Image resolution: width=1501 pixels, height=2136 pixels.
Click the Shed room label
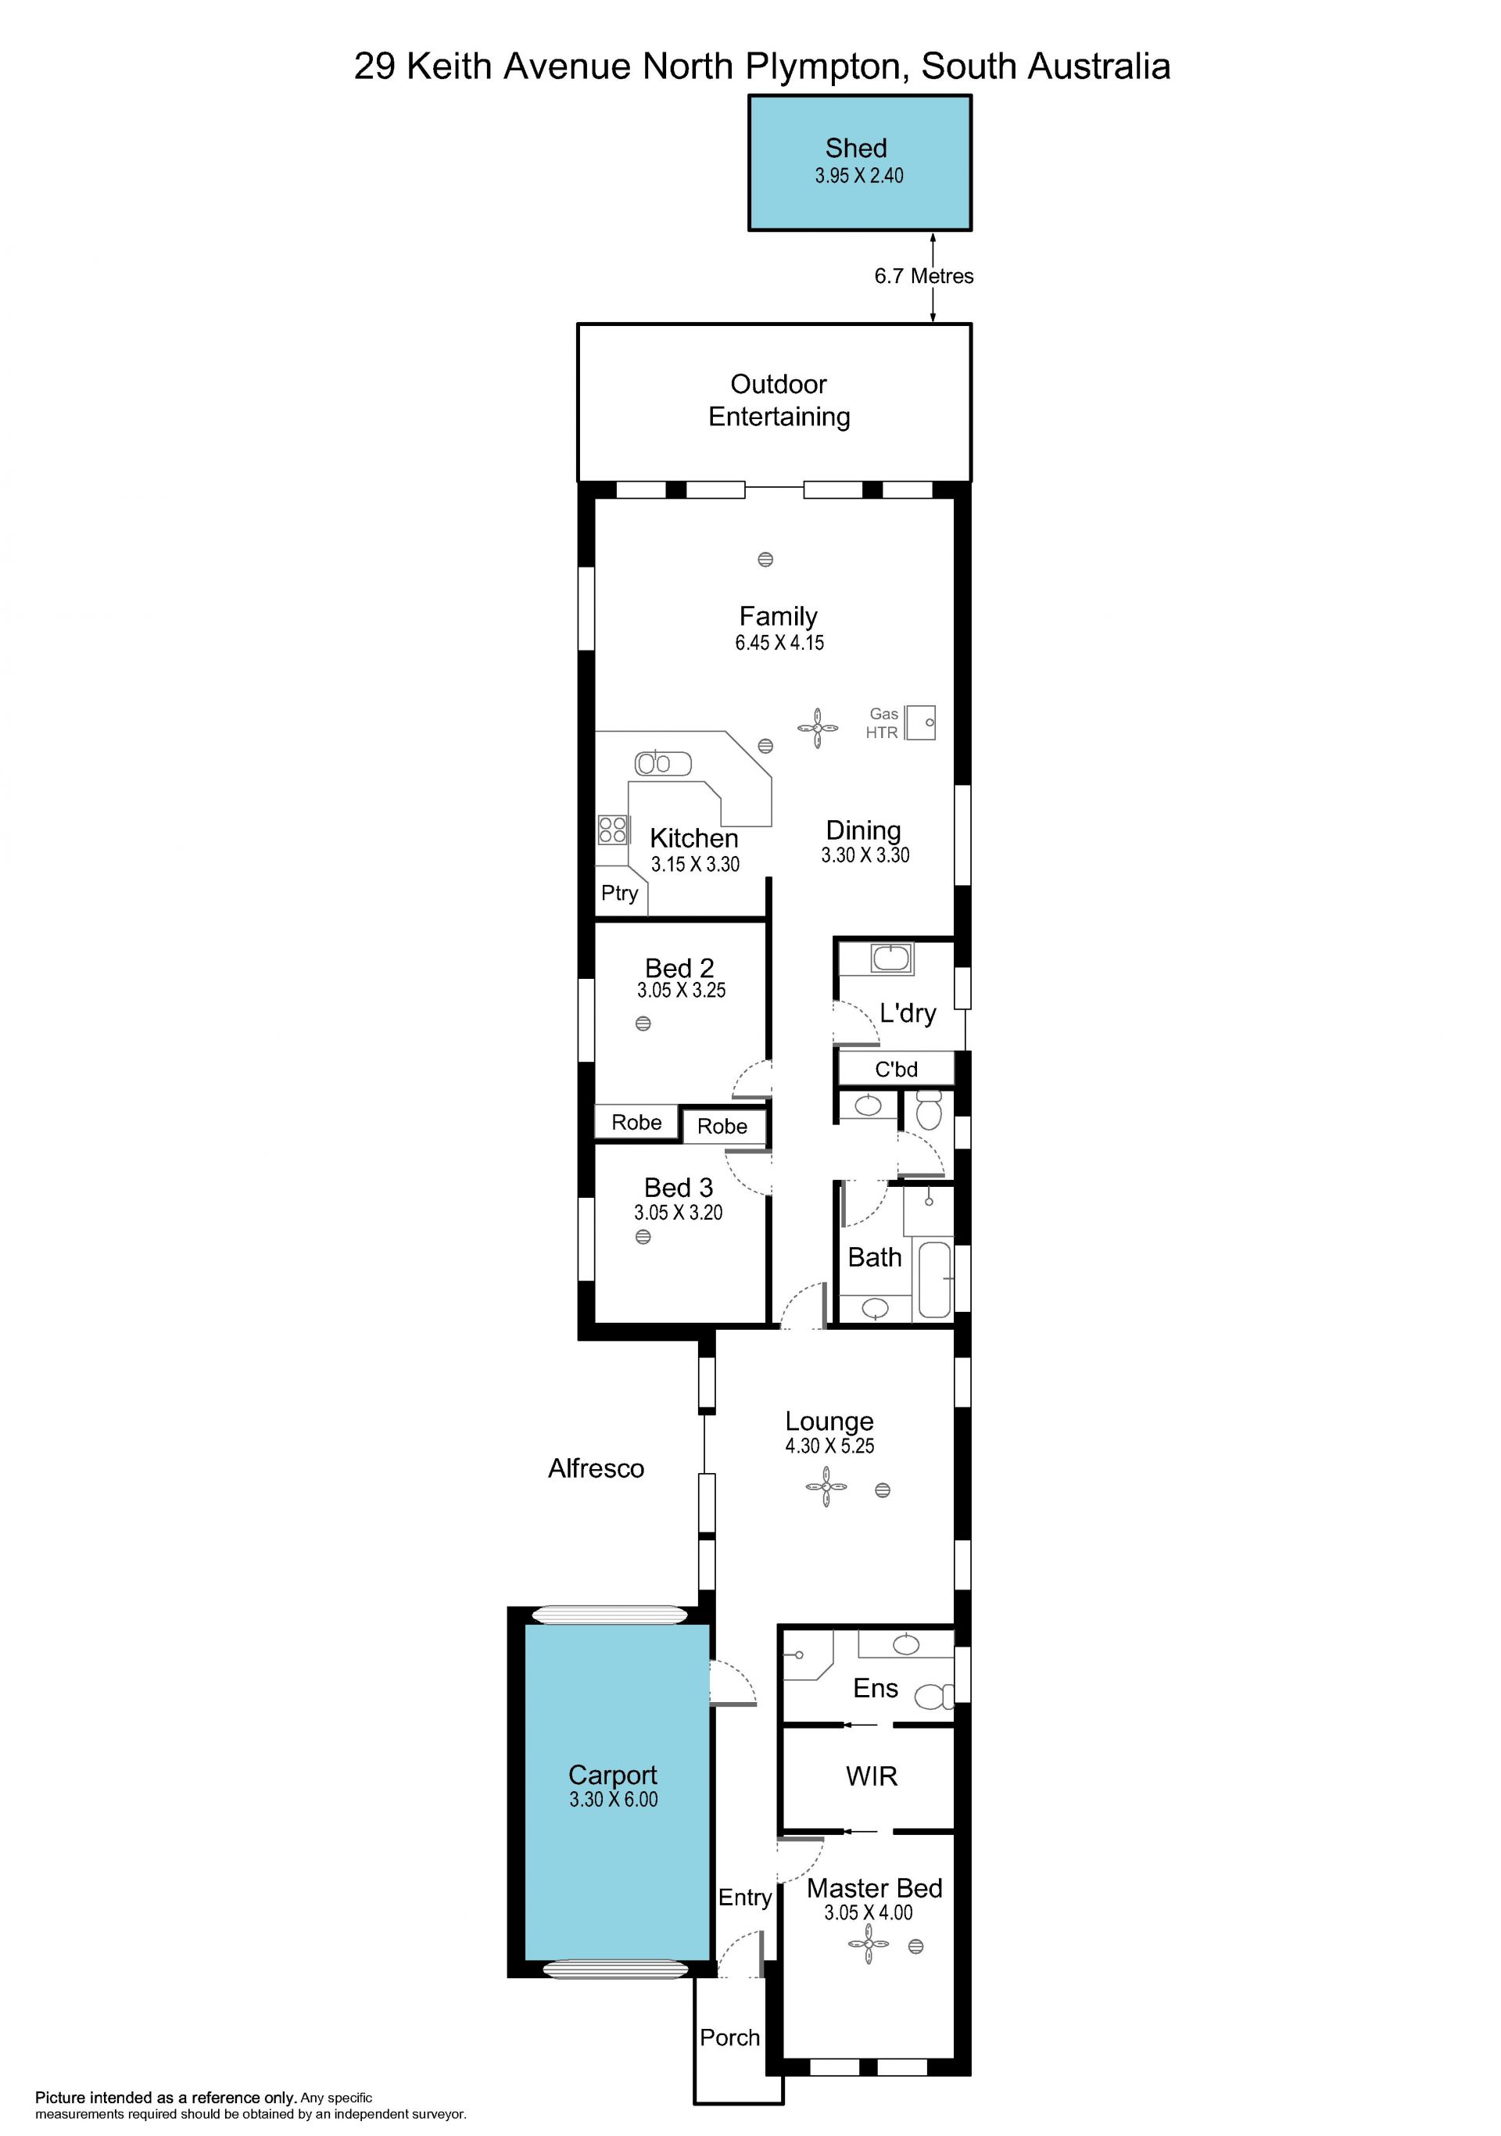coord(855,148)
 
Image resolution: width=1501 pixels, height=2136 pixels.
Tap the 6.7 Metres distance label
coord(923,276)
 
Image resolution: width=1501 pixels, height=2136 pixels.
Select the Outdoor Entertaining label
coord(779,400)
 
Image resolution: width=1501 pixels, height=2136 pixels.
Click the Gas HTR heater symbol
coord(921,722)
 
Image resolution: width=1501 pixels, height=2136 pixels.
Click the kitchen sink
coord(663,764)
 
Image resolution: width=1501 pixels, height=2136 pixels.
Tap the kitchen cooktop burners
coord(612,829)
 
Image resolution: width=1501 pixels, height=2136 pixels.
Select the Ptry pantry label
coord(619,893)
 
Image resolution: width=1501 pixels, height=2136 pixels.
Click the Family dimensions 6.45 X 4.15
coord(779,643)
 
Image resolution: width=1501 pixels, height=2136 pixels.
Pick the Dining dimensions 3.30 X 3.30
coord(865,855)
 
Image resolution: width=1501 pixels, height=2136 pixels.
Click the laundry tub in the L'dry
coord(891,957)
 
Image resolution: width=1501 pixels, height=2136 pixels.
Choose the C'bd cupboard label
coord(897,1069)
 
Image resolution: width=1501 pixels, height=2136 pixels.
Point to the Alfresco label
coord(596,1468)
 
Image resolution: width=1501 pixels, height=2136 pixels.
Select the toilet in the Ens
coord(933,1697)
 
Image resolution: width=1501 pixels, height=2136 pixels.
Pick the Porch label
coord(730,2037)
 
